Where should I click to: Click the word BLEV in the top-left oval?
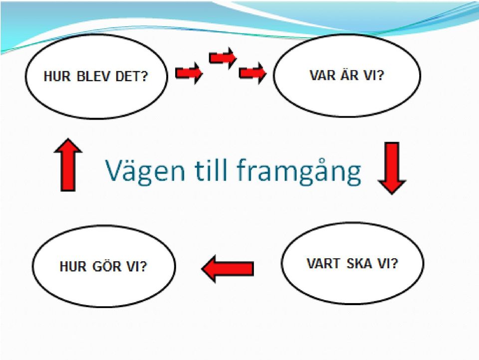tap(93, 76)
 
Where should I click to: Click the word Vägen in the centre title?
tap(145, 171)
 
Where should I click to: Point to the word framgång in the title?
tap(299, 171)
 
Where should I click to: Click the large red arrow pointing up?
tap(68, 165)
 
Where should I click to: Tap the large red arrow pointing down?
tap(392, 168)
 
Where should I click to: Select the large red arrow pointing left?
tap(228, 269)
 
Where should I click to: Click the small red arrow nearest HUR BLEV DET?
tap(189, 73)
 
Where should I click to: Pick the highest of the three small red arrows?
tap(223, 58)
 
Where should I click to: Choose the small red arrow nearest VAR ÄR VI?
tap(252, 73)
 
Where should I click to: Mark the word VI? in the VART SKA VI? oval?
tap(388, 263)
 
